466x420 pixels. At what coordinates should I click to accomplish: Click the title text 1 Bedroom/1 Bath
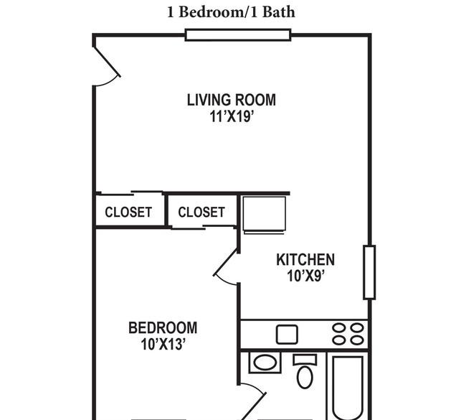click(232, 12)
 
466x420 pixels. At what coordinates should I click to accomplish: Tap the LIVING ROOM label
click(232, 100)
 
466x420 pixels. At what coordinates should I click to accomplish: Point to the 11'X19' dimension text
click(232, 116)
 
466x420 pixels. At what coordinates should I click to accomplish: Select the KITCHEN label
click(305, 260)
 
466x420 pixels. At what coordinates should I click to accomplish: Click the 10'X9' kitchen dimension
click(305, 276)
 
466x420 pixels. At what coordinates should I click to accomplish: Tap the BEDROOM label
click(163, 327)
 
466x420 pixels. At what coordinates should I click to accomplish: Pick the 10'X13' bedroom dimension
click(163, 345)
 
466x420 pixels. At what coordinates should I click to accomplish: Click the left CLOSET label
click(128, 213)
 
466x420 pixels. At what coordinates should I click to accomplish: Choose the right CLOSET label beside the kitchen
click(201, 213)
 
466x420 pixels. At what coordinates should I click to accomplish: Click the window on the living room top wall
click(238, 35)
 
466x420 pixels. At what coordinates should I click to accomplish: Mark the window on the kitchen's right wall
click(369, 272)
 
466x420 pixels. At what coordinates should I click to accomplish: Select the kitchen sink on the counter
click(287, 335)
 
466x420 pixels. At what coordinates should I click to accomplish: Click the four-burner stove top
click(348, 335)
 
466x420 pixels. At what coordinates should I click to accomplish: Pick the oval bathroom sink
click(265, 363)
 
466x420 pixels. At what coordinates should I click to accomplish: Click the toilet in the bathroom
click(305, 371)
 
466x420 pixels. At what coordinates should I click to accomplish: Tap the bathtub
click(348, 388)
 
